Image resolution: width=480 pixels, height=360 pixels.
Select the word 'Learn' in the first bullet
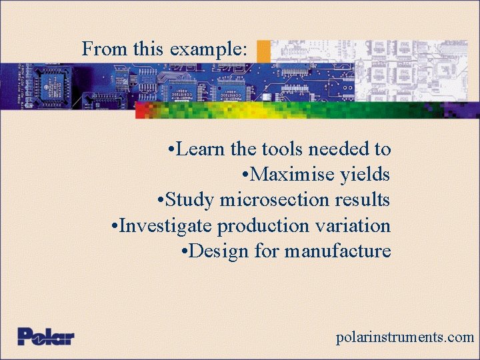click(201, 149)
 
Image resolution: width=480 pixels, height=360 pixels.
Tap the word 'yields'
click(365, 175)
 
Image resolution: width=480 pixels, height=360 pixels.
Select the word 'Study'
click(190, 200)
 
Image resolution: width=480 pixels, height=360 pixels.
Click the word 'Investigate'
click(166, 226)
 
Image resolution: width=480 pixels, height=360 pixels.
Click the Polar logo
click(45, 336)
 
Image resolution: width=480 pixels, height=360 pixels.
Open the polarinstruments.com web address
click(405, 337)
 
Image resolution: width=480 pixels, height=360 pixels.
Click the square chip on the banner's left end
click(51, 85)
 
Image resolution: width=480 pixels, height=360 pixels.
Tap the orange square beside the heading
click(264, 51)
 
